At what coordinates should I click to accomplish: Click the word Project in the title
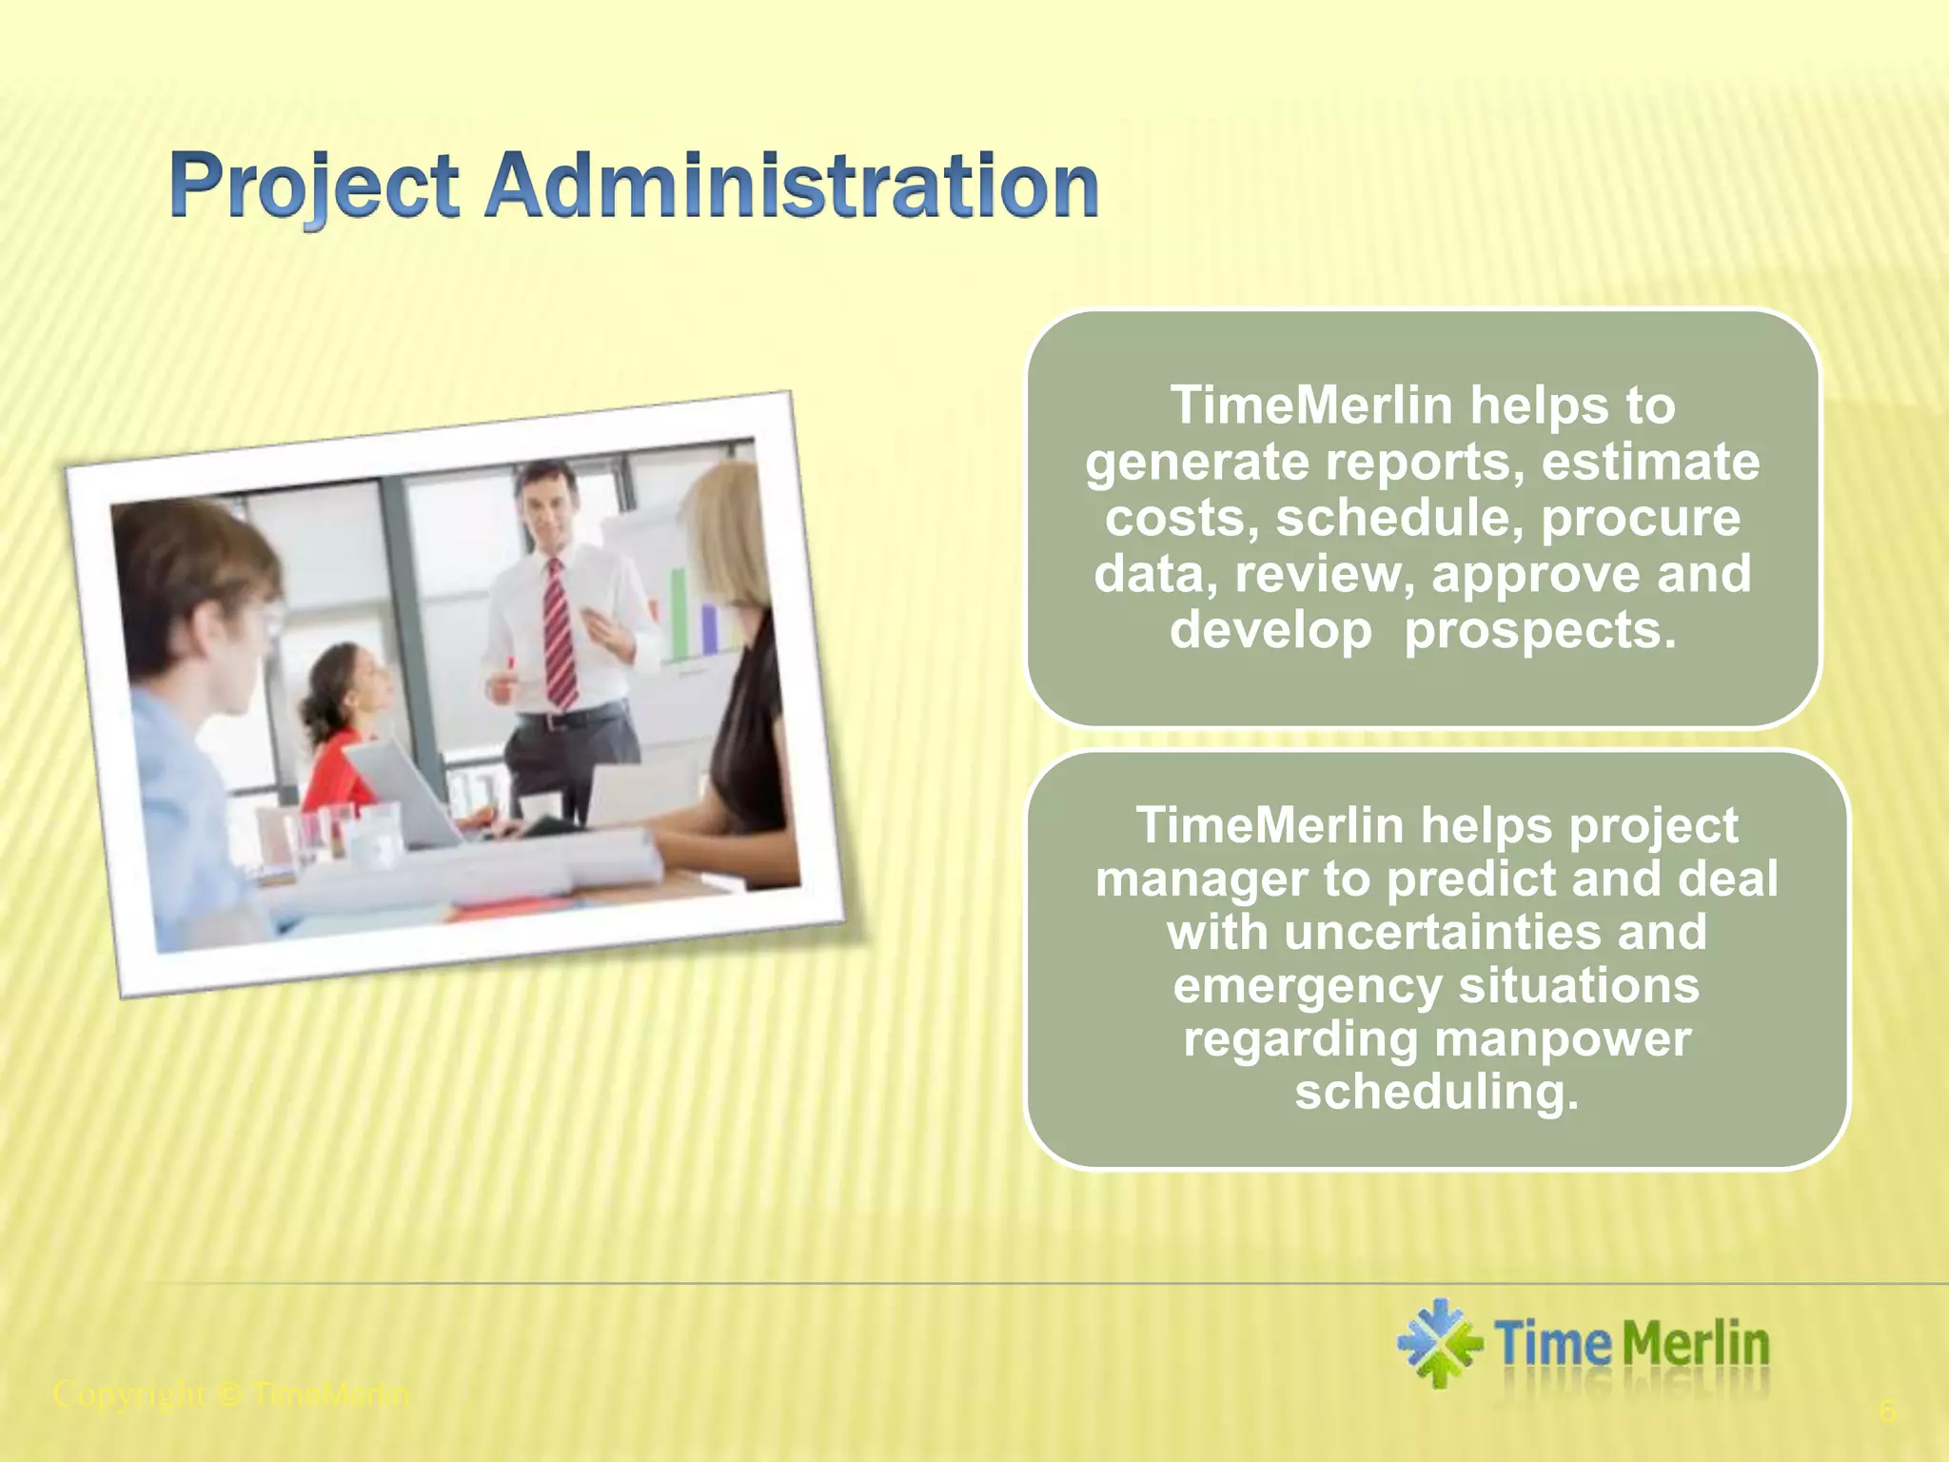tap(314, 187)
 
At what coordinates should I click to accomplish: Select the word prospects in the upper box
tap(1539, 630)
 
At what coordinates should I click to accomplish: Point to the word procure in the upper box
tap(1640, 519)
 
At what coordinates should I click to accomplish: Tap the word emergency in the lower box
tap(1308, 986)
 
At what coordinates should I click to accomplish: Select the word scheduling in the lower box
tap(1436, 1093)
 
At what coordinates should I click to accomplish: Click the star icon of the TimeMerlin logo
tap(1438, 1343)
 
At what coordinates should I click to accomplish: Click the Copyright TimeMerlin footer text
tap(231, 1395)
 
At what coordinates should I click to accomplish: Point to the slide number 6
tap(1886, 1412)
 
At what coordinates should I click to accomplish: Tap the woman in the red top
tap(341, 733)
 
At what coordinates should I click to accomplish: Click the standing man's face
tap(548, 505)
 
